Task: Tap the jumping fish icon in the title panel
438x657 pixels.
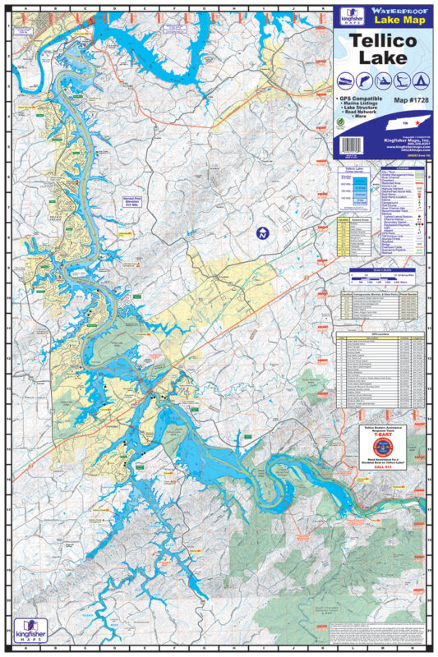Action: [x=361, y=81]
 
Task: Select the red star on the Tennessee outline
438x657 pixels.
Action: [x=408, y=124]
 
